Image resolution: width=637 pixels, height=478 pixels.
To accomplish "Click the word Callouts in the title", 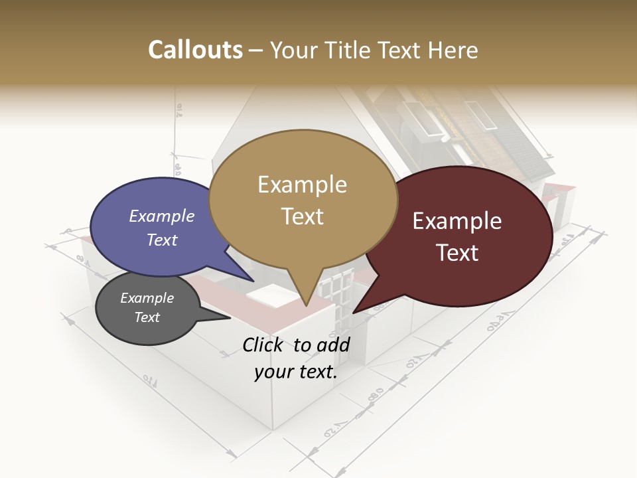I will point(195,50).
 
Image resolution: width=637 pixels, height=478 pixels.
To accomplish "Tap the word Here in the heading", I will point(453,50).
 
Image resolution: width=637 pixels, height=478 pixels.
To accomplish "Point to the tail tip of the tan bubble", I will point(305,306).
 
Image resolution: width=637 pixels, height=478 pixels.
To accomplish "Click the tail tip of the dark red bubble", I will point(354,313).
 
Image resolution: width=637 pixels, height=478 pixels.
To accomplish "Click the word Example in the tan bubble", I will point(302,185).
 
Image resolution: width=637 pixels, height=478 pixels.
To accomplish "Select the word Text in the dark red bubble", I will point(458,252).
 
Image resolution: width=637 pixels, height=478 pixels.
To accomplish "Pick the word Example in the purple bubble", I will point(161,216).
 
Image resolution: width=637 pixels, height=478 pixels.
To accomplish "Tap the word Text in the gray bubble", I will point(147,317).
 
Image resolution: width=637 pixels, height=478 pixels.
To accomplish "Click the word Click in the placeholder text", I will point(264,345).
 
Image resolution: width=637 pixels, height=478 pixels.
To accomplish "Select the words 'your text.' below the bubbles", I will point(296,372).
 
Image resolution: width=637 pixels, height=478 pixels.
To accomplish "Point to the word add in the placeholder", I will point(334,345).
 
